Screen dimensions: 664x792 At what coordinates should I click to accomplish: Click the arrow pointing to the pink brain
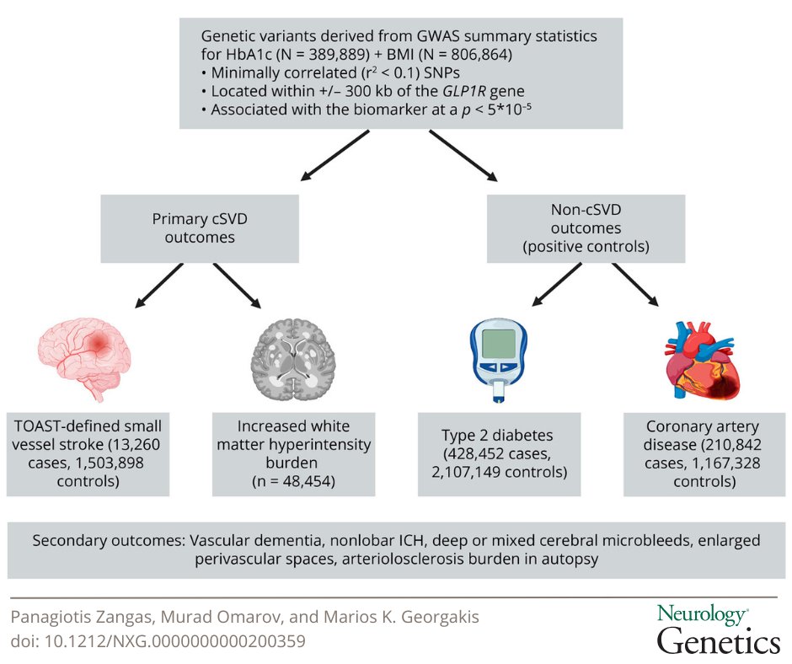[x=162, y=284]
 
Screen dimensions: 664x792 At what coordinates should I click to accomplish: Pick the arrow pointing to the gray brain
[x=237, y=284]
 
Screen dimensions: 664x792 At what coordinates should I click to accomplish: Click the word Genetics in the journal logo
[x=718, y=642]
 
